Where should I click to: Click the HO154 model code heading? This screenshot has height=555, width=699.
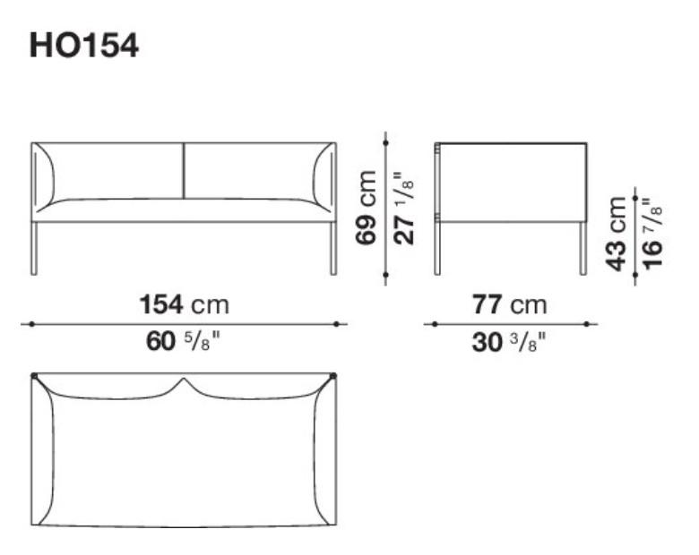(84, 46)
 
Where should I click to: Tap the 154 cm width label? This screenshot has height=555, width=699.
(184, 305)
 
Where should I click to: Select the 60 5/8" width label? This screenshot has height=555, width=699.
(183, 342)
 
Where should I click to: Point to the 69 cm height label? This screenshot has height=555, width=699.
(366, 208)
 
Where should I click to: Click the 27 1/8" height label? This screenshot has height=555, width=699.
(404, 208)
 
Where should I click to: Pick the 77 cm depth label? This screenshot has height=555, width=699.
(510, 305)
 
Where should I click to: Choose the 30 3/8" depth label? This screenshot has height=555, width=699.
(509, 342)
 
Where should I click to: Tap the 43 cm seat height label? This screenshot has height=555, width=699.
(617, 234)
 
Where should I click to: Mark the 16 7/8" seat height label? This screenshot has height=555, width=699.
(652, 234)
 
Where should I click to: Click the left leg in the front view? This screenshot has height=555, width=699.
(34, 248)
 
